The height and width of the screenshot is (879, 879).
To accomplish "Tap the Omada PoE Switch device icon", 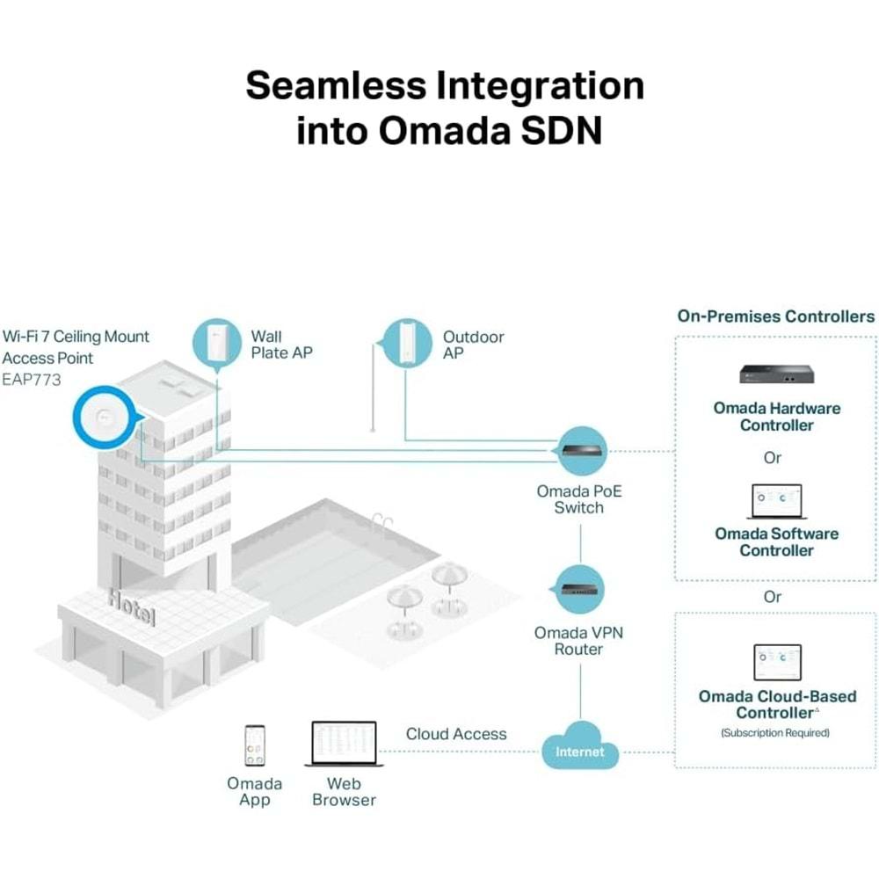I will click(x=582, y=450).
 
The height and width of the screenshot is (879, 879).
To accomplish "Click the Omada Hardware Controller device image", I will click(x=776, y=373).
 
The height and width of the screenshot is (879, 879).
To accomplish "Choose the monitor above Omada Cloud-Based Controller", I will click(x=777, y=661).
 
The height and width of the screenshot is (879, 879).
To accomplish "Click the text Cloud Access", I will click(x=456, y=733).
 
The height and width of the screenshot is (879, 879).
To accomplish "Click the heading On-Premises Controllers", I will click(x=776, y=316).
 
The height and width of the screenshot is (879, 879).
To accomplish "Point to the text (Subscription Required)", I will click(x=774, y=732).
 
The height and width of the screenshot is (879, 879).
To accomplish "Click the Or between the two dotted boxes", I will click(x=773, y=597).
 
